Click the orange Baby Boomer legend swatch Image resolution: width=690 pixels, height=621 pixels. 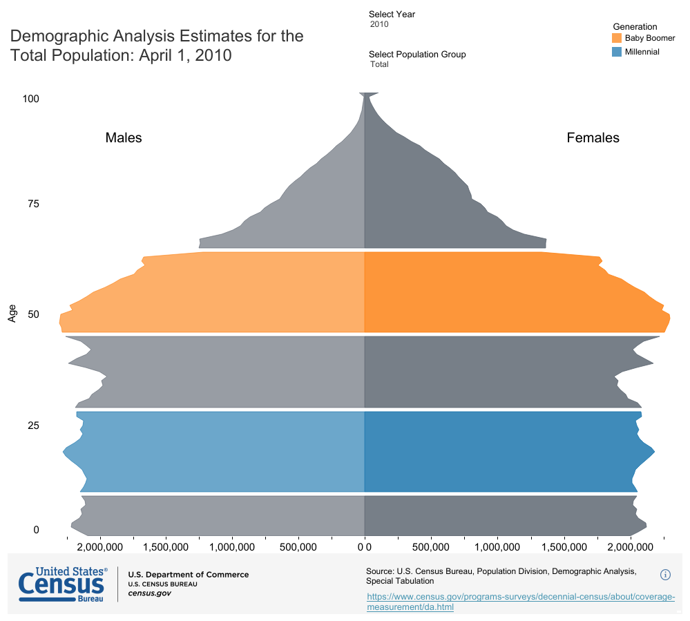pos(617,37)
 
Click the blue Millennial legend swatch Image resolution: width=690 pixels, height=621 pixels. pos(617,52)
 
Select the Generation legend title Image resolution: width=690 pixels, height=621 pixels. pos(635,26)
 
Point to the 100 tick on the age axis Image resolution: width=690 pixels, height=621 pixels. pos(30,99)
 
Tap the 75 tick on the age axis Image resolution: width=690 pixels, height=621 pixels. pos(33,204)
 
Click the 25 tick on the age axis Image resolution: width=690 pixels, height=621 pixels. pos(33,426)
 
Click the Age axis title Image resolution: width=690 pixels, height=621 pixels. pos(12,314)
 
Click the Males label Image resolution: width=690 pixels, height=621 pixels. pos(124,137)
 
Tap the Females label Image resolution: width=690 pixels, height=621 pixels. pos(593,137)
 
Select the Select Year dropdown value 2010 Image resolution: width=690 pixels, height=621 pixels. pos(379,24)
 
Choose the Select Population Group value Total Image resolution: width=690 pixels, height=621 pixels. pos(379,64)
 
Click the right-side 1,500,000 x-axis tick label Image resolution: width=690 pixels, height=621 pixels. pos(564,547)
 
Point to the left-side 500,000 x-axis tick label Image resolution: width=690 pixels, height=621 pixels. pos(298,547)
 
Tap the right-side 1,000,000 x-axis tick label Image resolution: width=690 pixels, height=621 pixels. pos(497,547)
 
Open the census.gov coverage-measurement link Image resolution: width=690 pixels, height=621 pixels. pos(520,602)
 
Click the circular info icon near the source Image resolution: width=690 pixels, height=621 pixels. pos(666,574)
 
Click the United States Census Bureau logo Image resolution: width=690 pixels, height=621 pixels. pos(62,584)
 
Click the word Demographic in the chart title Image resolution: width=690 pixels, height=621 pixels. pos(61,36)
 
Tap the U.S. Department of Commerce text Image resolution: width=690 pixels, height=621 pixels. pos(188,575)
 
